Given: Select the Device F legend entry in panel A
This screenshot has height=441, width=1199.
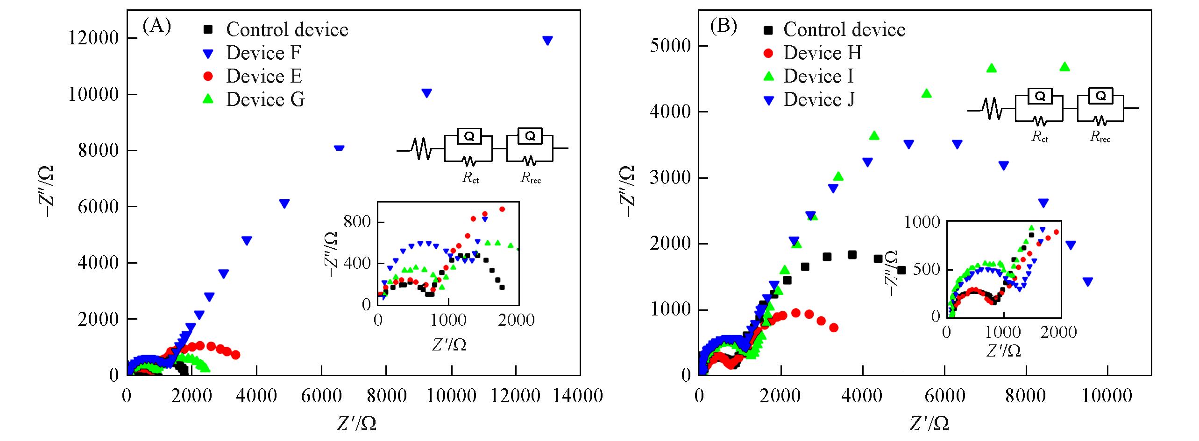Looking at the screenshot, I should point(263,53).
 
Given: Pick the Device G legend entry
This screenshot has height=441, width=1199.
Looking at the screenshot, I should point(265,100).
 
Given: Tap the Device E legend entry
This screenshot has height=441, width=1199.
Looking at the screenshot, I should point(264,77).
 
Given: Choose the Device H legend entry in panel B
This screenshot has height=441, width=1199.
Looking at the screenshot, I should point(822,53).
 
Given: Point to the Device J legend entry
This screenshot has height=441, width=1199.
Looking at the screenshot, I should point(819,100).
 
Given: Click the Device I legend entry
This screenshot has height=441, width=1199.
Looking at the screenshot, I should point(818,77).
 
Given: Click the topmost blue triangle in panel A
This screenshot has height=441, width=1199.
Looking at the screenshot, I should point(547,41).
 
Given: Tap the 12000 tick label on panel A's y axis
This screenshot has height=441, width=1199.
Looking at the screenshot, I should point(93,38).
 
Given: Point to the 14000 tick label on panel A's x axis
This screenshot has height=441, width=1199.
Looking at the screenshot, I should point(578,396).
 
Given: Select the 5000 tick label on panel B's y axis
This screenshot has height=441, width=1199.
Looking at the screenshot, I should point(670,46).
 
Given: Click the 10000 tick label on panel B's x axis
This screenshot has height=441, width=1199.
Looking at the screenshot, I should point(1107,396).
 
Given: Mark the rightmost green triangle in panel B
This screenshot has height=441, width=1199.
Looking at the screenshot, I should point(1064,67).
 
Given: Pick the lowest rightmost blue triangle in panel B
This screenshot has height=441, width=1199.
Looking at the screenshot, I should point(1088,282).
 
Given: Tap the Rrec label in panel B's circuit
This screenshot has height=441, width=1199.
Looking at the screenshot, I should point(1100,137).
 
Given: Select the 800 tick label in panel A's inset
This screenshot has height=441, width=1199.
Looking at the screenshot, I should point(357,222).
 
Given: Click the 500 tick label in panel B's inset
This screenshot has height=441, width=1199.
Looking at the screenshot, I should point(926,270).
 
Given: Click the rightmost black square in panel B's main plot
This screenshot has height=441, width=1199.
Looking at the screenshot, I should point(901,270).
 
